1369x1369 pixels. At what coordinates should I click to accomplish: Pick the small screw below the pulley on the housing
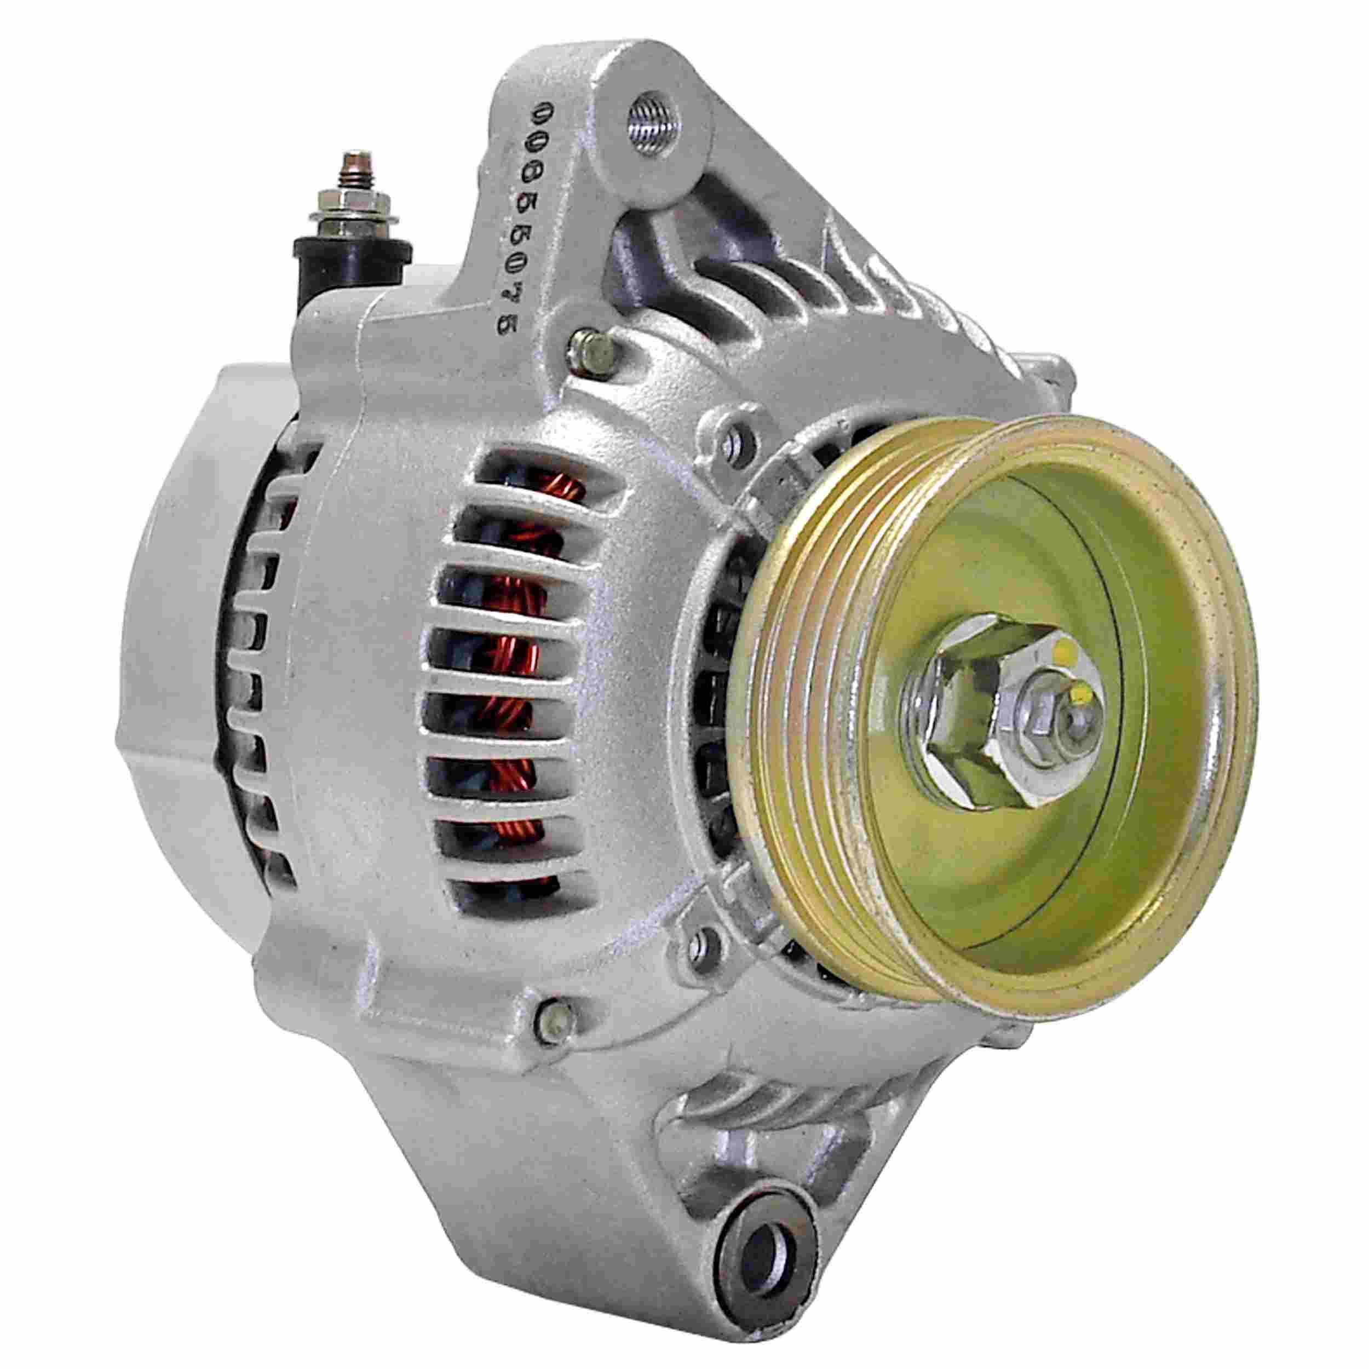(x=701, y=942)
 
